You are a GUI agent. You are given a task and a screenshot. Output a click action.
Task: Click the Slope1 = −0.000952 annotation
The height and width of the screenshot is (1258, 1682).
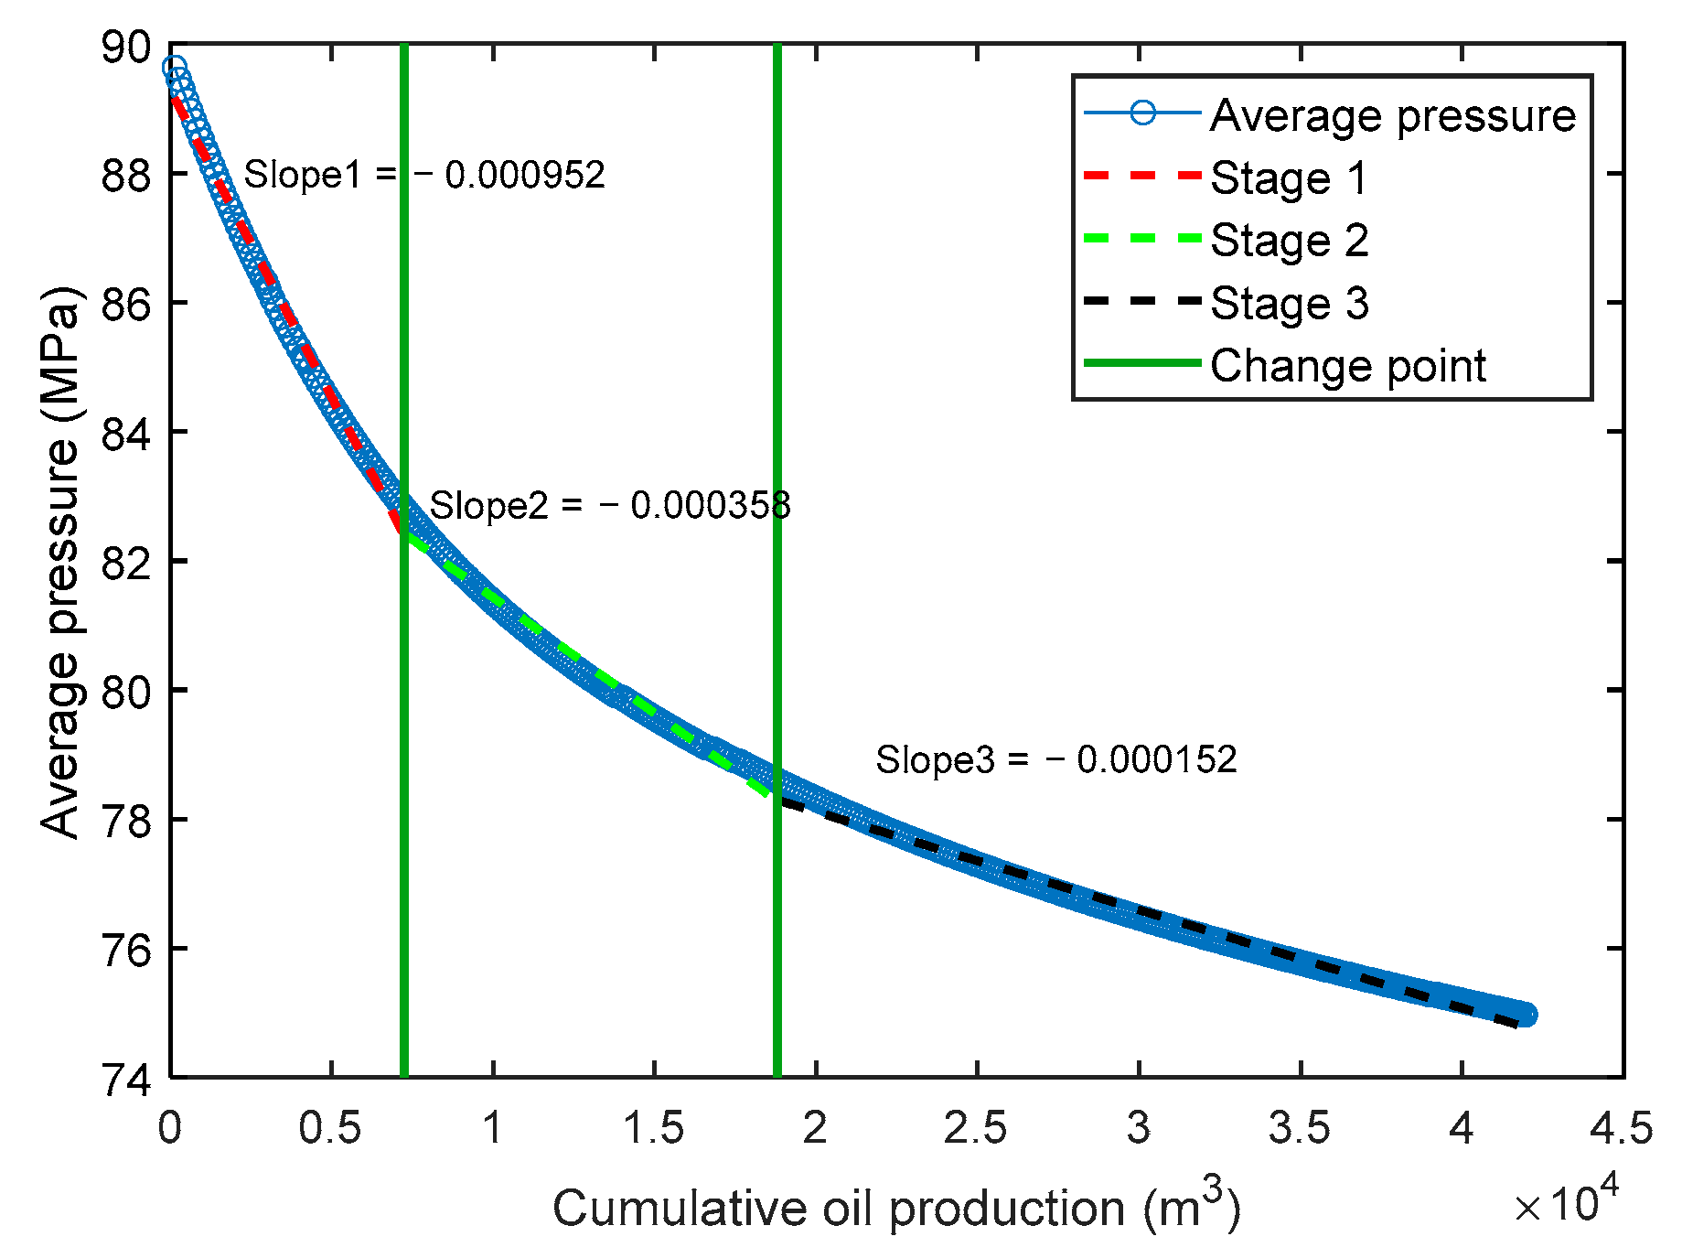424,175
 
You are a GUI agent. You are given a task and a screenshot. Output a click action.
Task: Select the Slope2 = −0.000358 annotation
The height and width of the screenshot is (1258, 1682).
609,505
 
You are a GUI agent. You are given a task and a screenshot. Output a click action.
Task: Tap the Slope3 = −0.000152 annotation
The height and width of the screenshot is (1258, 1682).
1055,759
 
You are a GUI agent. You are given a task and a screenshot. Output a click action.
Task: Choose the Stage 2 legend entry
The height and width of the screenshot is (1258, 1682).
1289,241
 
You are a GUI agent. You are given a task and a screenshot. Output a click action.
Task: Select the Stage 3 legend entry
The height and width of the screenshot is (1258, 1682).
1289,303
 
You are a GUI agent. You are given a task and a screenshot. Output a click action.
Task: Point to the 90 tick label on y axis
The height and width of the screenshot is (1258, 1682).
125,48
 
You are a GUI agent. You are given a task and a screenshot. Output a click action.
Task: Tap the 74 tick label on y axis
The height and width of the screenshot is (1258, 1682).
125,1080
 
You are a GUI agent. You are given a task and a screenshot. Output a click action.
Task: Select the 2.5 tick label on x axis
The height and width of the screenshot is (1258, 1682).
976,1128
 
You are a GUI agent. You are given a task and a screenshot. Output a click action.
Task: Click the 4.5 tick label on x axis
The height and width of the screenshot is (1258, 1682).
1621,1128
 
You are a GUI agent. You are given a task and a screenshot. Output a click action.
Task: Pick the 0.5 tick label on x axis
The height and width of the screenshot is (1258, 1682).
330,1128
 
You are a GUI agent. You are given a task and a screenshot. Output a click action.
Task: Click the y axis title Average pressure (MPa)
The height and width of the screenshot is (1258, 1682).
62,562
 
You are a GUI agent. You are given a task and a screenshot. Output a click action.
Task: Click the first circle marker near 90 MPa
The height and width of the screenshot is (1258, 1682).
174,68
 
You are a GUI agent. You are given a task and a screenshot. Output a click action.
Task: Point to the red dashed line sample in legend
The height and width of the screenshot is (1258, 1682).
1141,175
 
